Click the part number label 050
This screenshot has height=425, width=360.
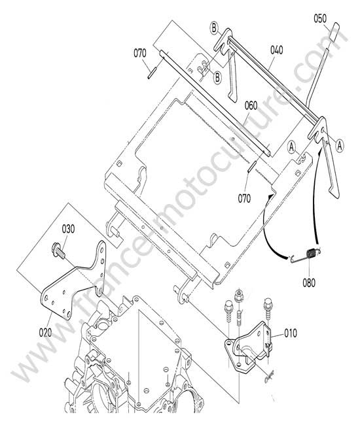pyautogui.click(x=320, y=19)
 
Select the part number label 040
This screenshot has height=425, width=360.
pyautogui.click(x=276, y=50)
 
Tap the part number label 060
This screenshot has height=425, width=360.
pyautogui.click(x=251, y=105)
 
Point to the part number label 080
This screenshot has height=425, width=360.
pyautogui.click(x=309, y=282)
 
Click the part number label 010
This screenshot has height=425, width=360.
pyautogui.click(x=291, y=333)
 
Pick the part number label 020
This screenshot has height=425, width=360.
pyautogui.click(x=46, y=333)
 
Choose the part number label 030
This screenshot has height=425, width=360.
pyautogui.click(x=68, y=229)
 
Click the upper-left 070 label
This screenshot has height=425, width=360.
pyautogui.click(x=140, y=53)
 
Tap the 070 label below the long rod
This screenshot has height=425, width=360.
pyautogui.click(x=244, y=199)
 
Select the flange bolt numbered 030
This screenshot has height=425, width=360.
pyautogui.click(x=58, y=250)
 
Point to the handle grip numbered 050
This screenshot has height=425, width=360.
pyautogui.click(x=334, y=31)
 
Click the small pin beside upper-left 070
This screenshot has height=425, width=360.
pyautogui.click(x=152, y=73)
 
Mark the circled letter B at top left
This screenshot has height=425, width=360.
pyautogui.click(x=214, y=28)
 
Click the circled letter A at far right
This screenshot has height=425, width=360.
pyautogui.click(x=340, y=146)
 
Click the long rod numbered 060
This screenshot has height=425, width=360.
pyautogui.click(x=215, y=103)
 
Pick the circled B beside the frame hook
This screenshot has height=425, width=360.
pyautogui.click(x=217, y=78)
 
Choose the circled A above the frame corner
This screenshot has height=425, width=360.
pyautogui.click(x=292, y=147)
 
